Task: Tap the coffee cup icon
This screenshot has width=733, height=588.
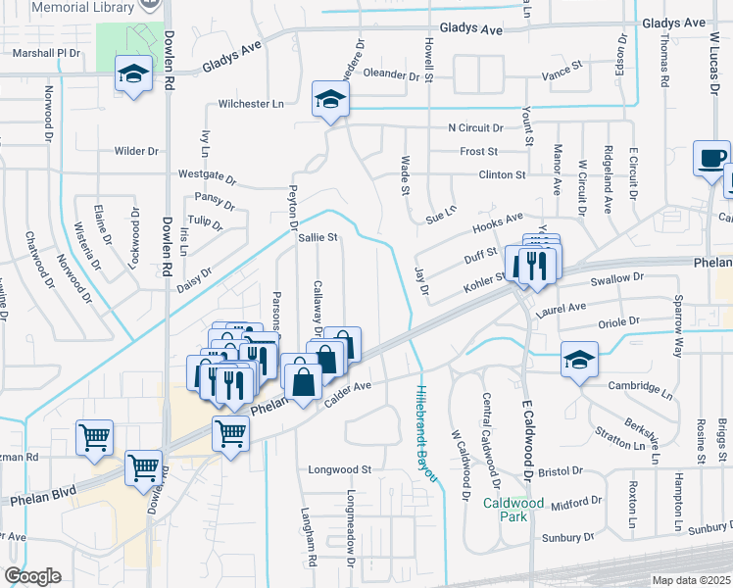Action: click(x=711, y=158)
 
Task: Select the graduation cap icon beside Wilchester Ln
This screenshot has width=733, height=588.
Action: click(x=331, y=99)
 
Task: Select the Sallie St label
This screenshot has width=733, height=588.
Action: click(x=318, y=237)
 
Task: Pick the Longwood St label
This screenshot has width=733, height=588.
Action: click(x=340, y=469)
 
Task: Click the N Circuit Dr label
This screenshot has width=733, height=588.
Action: click(x=474, y=128)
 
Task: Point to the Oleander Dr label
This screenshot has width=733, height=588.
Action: click(x=392, y=73)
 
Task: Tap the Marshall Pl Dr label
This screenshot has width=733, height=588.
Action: click(x=39, y=53)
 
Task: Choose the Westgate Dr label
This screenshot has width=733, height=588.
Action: click(x=207, y=177)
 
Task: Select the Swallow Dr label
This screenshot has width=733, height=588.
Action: click(x=616, y=278)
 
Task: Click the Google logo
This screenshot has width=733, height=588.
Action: click(x=32, y=576)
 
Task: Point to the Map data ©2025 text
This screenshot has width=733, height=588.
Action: click(x=690, y=581)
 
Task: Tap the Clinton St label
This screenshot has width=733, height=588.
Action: click(x=502, y=174)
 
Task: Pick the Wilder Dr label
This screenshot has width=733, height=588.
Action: click(x=136, y=151)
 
